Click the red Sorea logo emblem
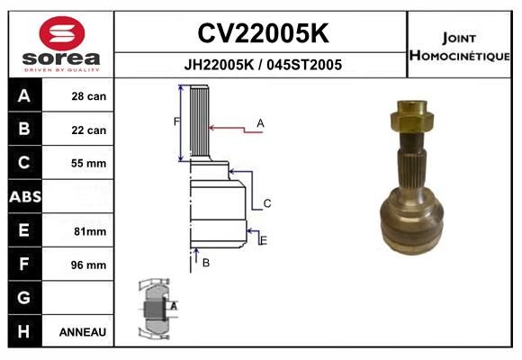(62, 33)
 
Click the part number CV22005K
(263, 33)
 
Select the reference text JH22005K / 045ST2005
(263, 65)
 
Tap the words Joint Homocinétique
(459, 47)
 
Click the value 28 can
(89, 96)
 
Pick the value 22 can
(89, 130)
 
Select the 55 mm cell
(88, 163)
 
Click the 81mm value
(90, 231)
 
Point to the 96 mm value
(88, 265)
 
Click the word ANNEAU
(83, 332)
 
